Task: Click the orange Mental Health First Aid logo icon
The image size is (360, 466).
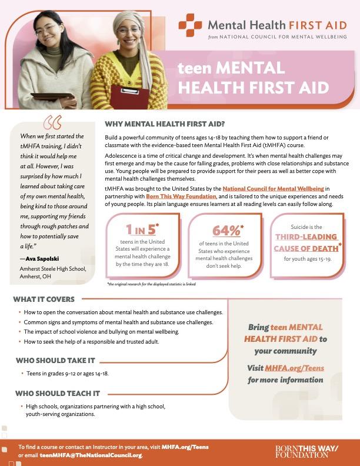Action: [190, 25]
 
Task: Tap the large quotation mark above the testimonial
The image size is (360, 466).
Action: [52, 123]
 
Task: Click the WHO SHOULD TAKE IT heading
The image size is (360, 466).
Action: [47, 361]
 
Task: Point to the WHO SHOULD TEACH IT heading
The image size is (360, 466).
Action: [49, 393]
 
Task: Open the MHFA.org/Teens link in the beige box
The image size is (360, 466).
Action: [294, 368]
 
